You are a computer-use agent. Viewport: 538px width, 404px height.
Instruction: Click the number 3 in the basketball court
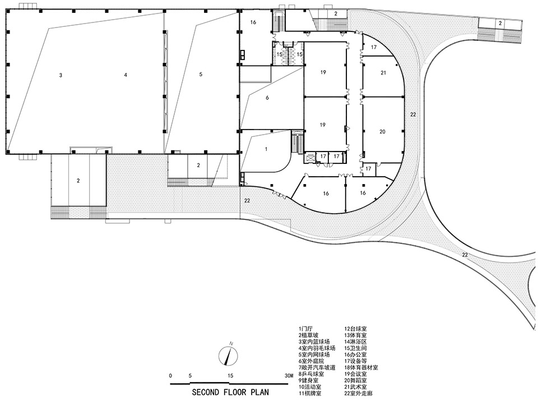click(x=60, y=75)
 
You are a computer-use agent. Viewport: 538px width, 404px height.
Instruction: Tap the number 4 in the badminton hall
click(x=126, y=75)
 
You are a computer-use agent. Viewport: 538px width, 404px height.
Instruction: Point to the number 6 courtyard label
click(x=267, y=98)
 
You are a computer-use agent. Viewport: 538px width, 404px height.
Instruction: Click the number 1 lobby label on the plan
click(x=266, y=149)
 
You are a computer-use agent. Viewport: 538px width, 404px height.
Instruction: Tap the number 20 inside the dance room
click(x=382, y=132)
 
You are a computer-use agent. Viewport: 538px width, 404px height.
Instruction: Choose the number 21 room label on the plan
click(x=383, y=73)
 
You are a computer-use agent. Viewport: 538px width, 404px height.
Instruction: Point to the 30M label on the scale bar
click(x=289, y=375)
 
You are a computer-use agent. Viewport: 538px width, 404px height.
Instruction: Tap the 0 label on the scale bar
click(x=170, y=375)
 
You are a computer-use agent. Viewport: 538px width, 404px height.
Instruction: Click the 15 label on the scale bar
click(x=229, y=375)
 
